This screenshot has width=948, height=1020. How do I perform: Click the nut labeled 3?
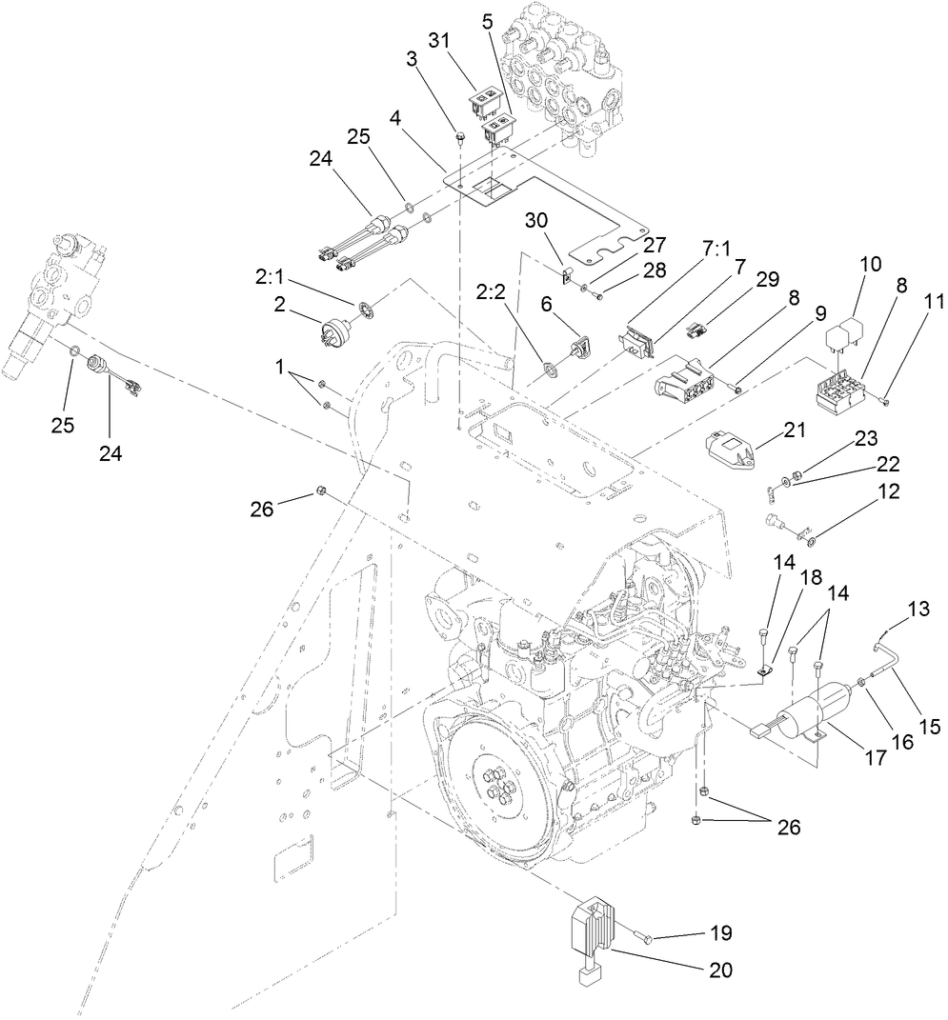(459, 138)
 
